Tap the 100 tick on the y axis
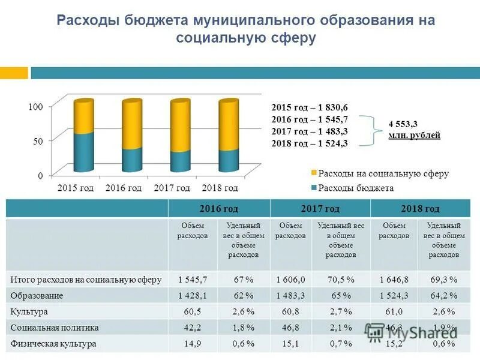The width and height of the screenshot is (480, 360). [36, 106]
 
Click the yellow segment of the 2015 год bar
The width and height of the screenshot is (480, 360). [84, 117]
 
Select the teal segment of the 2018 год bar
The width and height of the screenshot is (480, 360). [229, 159]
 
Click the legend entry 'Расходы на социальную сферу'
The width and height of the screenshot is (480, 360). [383, 173]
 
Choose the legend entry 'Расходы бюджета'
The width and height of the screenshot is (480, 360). [356, 188]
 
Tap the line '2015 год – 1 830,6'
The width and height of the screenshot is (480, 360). [310, 107]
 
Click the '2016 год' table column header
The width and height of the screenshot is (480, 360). [219, 209]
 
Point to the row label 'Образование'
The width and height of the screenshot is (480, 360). [37, 296]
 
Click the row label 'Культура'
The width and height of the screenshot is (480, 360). [29, 312]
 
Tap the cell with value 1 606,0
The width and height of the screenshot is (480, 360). [291, 280]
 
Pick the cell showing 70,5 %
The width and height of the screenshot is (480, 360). [341, 280]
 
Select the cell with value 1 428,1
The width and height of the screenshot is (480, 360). [193, 296]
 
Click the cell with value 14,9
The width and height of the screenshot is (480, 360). [193, 344]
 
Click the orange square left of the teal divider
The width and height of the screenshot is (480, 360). [14, 73]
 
